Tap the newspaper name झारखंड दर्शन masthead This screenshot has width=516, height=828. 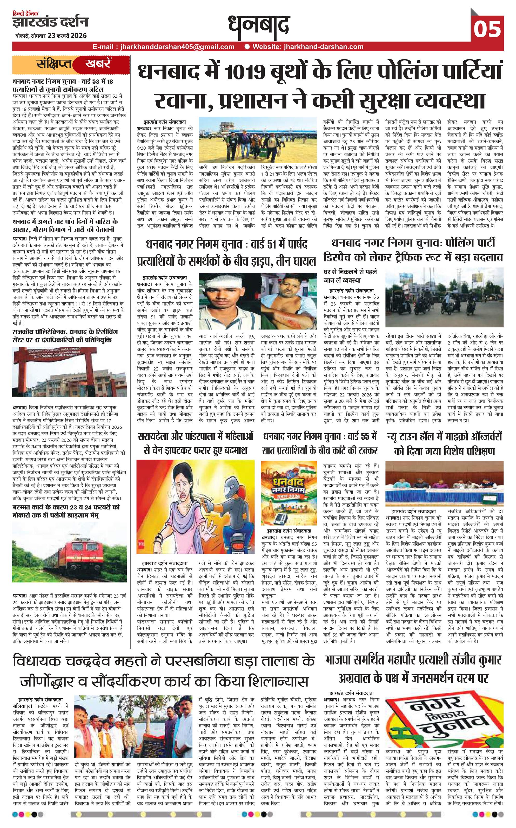coord(50,23)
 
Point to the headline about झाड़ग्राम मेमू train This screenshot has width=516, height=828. coord(66,511)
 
